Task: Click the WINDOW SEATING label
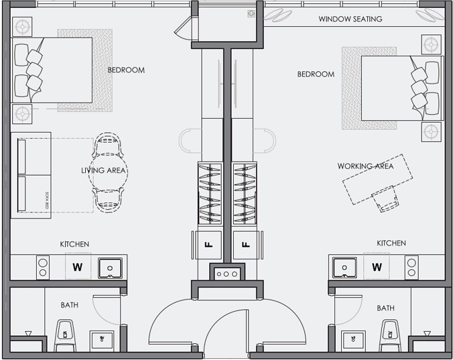pyautogui.click(x=350, y=19)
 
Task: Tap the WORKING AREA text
pyautogui.click(x=365, y=166)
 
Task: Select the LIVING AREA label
pyautogui.click(x=104, y=170)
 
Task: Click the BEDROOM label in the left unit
pyautogui.click(x=126, y=70)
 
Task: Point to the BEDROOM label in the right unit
pyautogui.click(x=316, y=74)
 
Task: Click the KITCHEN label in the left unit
pyautogui.click(x=74, y=244)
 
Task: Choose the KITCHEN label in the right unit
pyautogui.click(x=391, y=243)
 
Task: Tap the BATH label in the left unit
pyautogui.click(x=70, y=305)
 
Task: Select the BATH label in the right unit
pyautogui.click(x=385, y=308)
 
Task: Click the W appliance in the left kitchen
pyautogui.click(x=78, y=267)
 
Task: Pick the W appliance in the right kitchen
pyautogui.click(x=377, y=267)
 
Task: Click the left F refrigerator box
pyautogui.click(x=206, y=245)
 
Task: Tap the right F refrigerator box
pyautogui.click(x=246, y=245)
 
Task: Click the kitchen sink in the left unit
pyautogui.click(x=109, y=268)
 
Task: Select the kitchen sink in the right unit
pyautogui.click(x=345, y=267)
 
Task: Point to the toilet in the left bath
pyautogui.click(x=65, y=331)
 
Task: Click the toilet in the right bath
pyautogui.click(x=389, y=331)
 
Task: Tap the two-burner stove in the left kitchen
pyautogui.click(x=43, y=267)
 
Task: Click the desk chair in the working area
pyautogui.click(x=387, y=200)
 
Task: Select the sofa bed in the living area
pyautogui.click(x=31, y=174)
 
